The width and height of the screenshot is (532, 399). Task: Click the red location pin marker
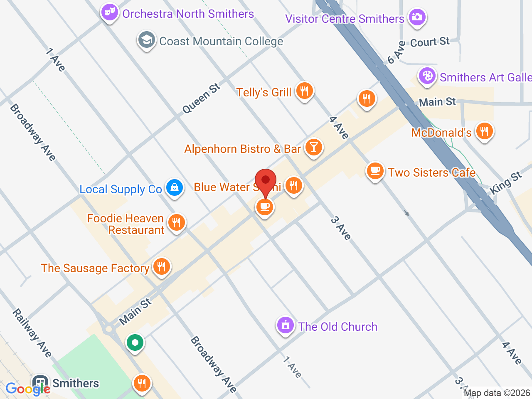pos(266,182)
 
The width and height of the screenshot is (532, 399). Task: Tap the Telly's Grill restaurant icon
pos(304,91)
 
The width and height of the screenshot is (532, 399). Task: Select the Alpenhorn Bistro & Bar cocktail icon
pos(314,148)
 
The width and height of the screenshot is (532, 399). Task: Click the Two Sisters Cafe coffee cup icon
pos(375,171)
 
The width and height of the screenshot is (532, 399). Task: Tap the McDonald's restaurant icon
pos(484,131)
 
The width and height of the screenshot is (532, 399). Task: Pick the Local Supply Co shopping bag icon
pos(175,188)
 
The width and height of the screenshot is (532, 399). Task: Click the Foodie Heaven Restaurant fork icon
pos(177,223)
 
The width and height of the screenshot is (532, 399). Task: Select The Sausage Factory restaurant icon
pos(161,267)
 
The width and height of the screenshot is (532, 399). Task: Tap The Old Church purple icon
pos(285,325)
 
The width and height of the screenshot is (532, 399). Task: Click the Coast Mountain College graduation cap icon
pos(146,40)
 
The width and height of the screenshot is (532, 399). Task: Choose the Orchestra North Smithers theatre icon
pos(110,12)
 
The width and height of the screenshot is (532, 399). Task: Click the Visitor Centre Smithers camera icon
pos(417,17)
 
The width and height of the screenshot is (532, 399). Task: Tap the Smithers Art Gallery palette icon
pos(427,76)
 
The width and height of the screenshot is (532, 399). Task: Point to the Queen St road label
pos(201,99)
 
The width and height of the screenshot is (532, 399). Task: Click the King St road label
pos(505,183)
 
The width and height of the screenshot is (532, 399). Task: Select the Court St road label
pos(430,42)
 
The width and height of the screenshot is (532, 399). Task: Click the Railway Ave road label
pos(32,333)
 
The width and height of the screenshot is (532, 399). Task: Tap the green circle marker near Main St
pos(135,343)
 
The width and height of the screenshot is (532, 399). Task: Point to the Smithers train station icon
pos(40,383)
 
